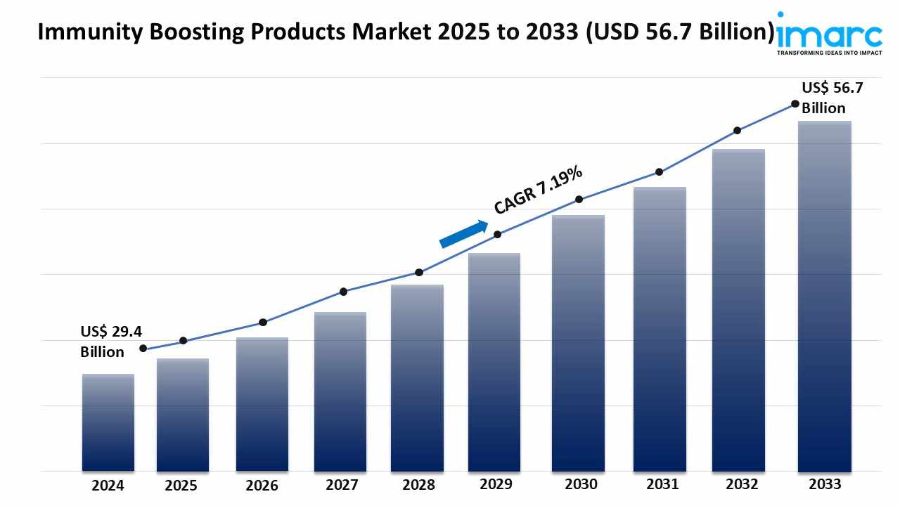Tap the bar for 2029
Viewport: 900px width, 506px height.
click(x=494, y=362)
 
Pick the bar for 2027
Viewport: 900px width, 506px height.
click(x=340, y=391)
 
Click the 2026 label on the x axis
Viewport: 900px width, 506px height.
click(x=262, y=486)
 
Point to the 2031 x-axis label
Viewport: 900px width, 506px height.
click(x=662, y=484)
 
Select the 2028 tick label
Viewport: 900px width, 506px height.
click(x=418, y=485)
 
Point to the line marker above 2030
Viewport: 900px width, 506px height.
click(x=579, y=199)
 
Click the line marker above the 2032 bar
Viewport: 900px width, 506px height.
click(x=737, y=130)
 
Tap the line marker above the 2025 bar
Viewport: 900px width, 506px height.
click(x=184, y=341)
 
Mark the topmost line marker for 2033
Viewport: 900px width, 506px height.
click(x=795, y=103)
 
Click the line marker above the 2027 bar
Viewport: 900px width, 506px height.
click(x=344, y=292)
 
